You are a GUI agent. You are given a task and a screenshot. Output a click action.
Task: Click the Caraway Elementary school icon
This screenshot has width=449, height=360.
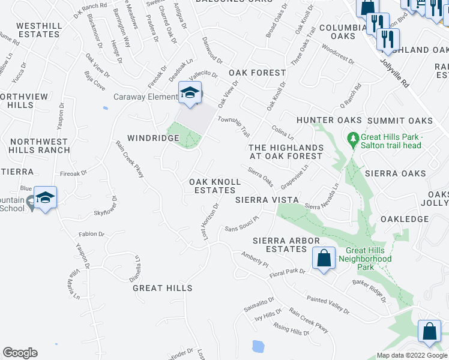point(190,94)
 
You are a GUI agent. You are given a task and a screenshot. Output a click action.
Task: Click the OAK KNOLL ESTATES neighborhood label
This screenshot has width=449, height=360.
point(212,185)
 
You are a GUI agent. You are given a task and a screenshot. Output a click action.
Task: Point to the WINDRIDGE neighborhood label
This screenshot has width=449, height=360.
point(153,138)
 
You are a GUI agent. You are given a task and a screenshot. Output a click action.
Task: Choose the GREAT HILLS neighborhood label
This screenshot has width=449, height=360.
point(163,288)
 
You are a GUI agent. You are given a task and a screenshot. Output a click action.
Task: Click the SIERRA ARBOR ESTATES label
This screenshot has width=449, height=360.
point(280,245)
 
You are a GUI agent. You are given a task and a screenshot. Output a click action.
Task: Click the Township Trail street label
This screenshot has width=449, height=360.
point(234,125)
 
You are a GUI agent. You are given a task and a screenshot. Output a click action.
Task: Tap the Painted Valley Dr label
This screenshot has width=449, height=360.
point(328,304)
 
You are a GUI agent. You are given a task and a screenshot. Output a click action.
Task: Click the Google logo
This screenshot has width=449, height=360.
point(20,353)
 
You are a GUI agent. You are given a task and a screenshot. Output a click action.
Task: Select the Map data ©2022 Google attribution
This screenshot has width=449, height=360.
point(411,355)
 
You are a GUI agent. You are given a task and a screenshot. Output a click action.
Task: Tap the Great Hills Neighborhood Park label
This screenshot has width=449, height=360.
point(369,259)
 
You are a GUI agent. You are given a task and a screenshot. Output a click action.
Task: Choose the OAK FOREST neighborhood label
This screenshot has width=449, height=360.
point(258,73)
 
